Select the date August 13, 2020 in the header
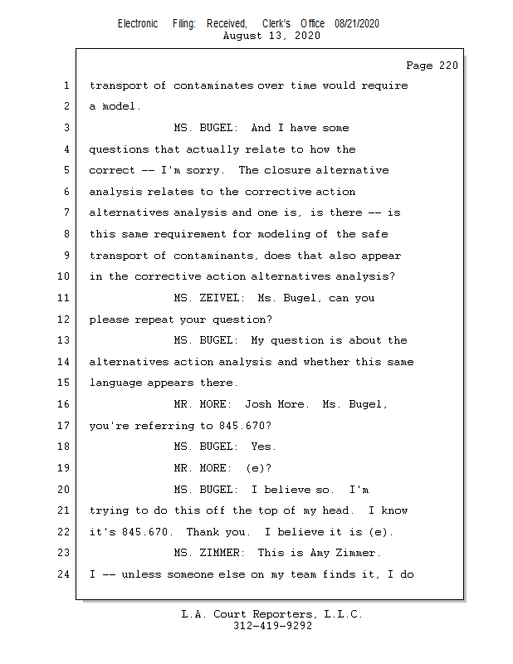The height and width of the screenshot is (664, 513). (x=272, y=36)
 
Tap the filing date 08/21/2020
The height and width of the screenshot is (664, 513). (x=357, y=24)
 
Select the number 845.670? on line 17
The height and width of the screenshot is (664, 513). (x=245, y=426)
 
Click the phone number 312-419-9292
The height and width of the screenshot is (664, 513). (x=272, y=626)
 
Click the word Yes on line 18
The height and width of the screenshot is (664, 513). (x=262, y=447)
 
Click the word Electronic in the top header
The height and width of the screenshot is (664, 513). (x=138, y=24)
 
